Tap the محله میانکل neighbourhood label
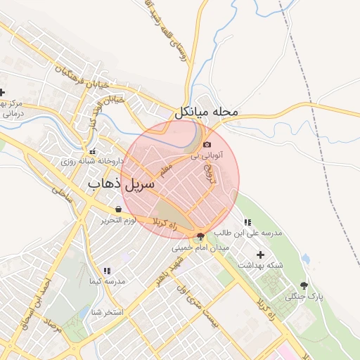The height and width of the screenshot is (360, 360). coord(207,112)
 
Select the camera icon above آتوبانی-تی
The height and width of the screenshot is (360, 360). coord(207,144)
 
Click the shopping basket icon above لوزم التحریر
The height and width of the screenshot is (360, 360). coord(117,210)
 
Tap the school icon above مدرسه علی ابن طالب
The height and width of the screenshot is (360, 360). coord(247,222)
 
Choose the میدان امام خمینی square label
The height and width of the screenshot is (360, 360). coord(201,248)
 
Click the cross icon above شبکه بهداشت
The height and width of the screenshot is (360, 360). coord(261,254)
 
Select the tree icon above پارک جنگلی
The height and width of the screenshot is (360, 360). coord(304,285)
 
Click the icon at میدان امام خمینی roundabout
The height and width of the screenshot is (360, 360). coord(201,236)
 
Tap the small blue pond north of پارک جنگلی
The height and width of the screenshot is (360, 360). coord(305,259)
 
